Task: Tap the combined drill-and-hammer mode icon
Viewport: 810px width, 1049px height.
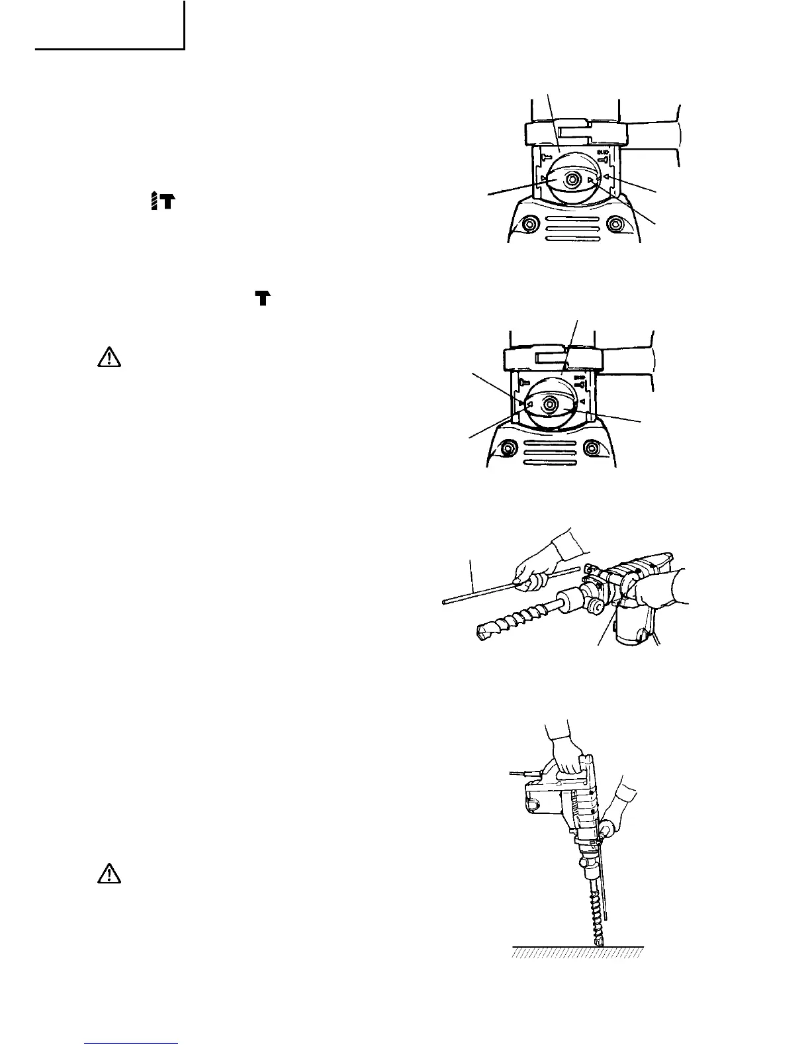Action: (x=162, y=200)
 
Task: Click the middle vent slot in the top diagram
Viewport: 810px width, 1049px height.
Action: (x=572, y=228)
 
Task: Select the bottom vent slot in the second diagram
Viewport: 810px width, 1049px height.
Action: (x=550, y=463)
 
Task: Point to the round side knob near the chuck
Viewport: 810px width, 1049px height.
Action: (x=596, y=606)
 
